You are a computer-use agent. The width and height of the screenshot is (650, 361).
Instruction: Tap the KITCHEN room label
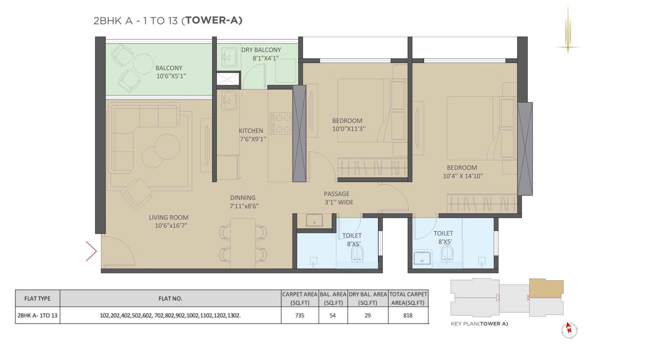251,131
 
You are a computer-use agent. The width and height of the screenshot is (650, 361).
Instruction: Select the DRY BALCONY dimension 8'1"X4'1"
265,58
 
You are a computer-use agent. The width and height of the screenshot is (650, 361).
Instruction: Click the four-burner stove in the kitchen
281,123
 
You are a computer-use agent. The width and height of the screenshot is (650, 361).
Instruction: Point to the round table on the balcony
143,64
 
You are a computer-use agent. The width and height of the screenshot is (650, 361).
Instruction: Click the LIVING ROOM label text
168,218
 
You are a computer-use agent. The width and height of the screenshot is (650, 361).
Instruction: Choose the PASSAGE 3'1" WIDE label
338,198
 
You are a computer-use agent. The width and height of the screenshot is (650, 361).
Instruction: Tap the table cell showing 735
299,315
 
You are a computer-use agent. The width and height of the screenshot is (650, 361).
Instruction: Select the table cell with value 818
407,315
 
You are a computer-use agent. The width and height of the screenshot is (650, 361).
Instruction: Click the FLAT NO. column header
170,298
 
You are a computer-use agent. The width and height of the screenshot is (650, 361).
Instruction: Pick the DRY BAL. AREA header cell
368,298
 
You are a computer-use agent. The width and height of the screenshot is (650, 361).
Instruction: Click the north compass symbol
569,330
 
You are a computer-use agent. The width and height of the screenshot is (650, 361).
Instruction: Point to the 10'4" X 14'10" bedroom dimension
463,176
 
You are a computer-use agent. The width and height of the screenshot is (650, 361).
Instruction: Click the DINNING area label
243,198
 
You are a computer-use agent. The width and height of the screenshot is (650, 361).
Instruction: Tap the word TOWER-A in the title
213,20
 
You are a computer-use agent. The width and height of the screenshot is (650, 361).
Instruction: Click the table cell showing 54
333,315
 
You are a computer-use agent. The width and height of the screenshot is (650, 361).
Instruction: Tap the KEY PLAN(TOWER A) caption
479,324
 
